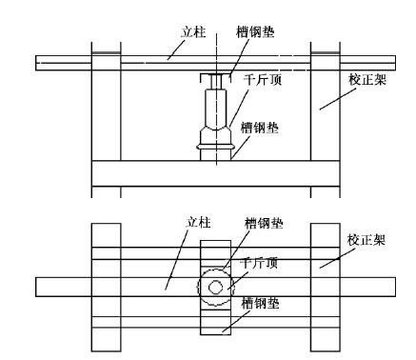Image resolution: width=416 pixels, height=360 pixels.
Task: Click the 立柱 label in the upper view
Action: pos(193,32)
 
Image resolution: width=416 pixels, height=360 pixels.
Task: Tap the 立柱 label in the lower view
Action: pos(198,222)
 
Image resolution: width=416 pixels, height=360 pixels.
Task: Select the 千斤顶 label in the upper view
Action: pos(263,80)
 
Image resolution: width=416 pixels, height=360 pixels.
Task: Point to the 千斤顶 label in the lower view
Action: pos(259,263)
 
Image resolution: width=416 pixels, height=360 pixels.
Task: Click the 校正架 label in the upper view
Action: pos(367,80)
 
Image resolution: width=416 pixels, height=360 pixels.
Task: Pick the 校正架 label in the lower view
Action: pos(366,240)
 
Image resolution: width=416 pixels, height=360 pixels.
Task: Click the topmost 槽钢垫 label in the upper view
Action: pos(255,32)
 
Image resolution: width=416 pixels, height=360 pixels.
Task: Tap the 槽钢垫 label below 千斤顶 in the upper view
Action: pos(260,128)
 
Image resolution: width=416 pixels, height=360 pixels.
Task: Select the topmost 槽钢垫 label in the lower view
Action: pos(264,223)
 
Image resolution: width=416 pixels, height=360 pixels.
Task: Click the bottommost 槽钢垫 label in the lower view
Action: pos(260,303)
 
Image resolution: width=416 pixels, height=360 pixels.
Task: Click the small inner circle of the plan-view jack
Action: pos(215,288)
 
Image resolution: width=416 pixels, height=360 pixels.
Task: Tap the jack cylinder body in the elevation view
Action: pos(216,108)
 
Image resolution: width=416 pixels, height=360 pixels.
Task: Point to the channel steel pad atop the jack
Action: pos(216,78)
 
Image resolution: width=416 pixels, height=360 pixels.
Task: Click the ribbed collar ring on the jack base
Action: pos(216,147)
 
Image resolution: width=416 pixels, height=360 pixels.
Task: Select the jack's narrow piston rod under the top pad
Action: pos(216,82)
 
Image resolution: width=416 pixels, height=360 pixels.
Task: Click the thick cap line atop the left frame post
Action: pos(106,53)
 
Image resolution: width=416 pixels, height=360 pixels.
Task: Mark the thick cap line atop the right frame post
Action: pos(326,53)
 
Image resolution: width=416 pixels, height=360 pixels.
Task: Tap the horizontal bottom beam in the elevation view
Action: pos(216,173)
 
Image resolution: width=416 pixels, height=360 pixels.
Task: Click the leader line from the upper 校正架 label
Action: pos(338,99)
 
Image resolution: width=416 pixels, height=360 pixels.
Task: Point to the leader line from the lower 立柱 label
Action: pos(176,260)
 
